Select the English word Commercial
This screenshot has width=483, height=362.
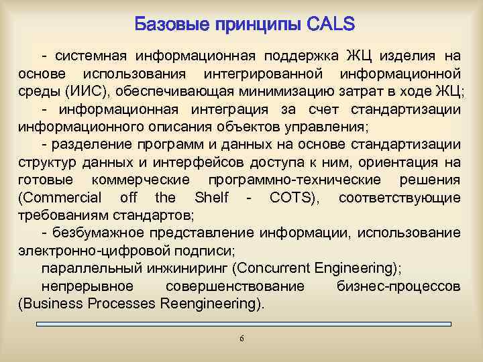pyautogui.click(x=61, y=197)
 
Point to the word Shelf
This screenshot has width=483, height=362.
pyautogui.click(x=211, y=197)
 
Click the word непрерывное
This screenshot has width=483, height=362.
pyautogui.click(x=87, y=286)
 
